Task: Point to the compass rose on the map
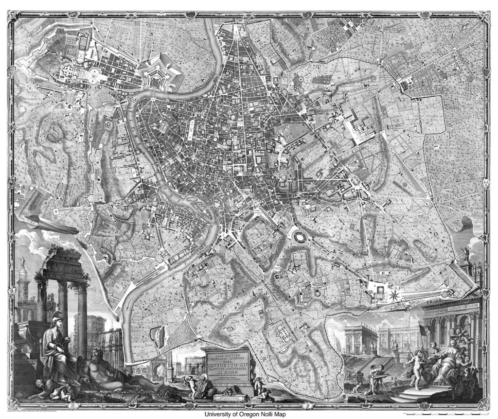pos(394,294)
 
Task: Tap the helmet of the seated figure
pos(57,316)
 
